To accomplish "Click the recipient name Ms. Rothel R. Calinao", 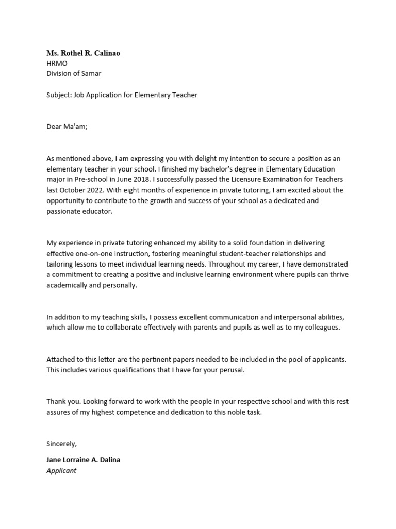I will pos(83,53).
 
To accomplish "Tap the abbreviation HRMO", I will pos(57,64).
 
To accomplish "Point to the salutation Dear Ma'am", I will pos(67,127).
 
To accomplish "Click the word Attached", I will pos(61,359).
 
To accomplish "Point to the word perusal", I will pos(229,370).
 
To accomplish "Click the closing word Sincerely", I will pos(61,444).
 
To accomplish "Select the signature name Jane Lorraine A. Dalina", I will pos(83,460).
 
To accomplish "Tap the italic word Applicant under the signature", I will pos(61,471).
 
